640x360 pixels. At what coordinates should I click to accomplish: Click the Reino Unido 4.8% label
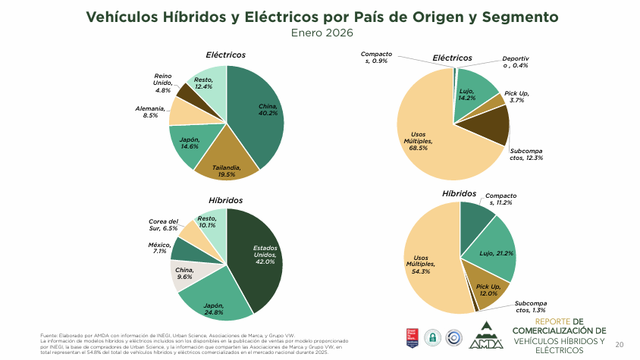point(162,83)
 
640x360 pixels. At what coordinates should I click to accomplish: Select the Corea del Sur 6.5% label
point(163,225)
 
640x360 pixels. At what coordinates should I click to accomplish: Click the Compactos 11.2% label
point(500,199)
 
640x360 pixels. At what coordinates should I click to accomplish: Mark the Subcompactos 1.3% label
point(531,306)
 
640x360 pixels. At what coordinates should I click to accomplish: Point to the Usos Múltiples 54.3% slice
point(428,265)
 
